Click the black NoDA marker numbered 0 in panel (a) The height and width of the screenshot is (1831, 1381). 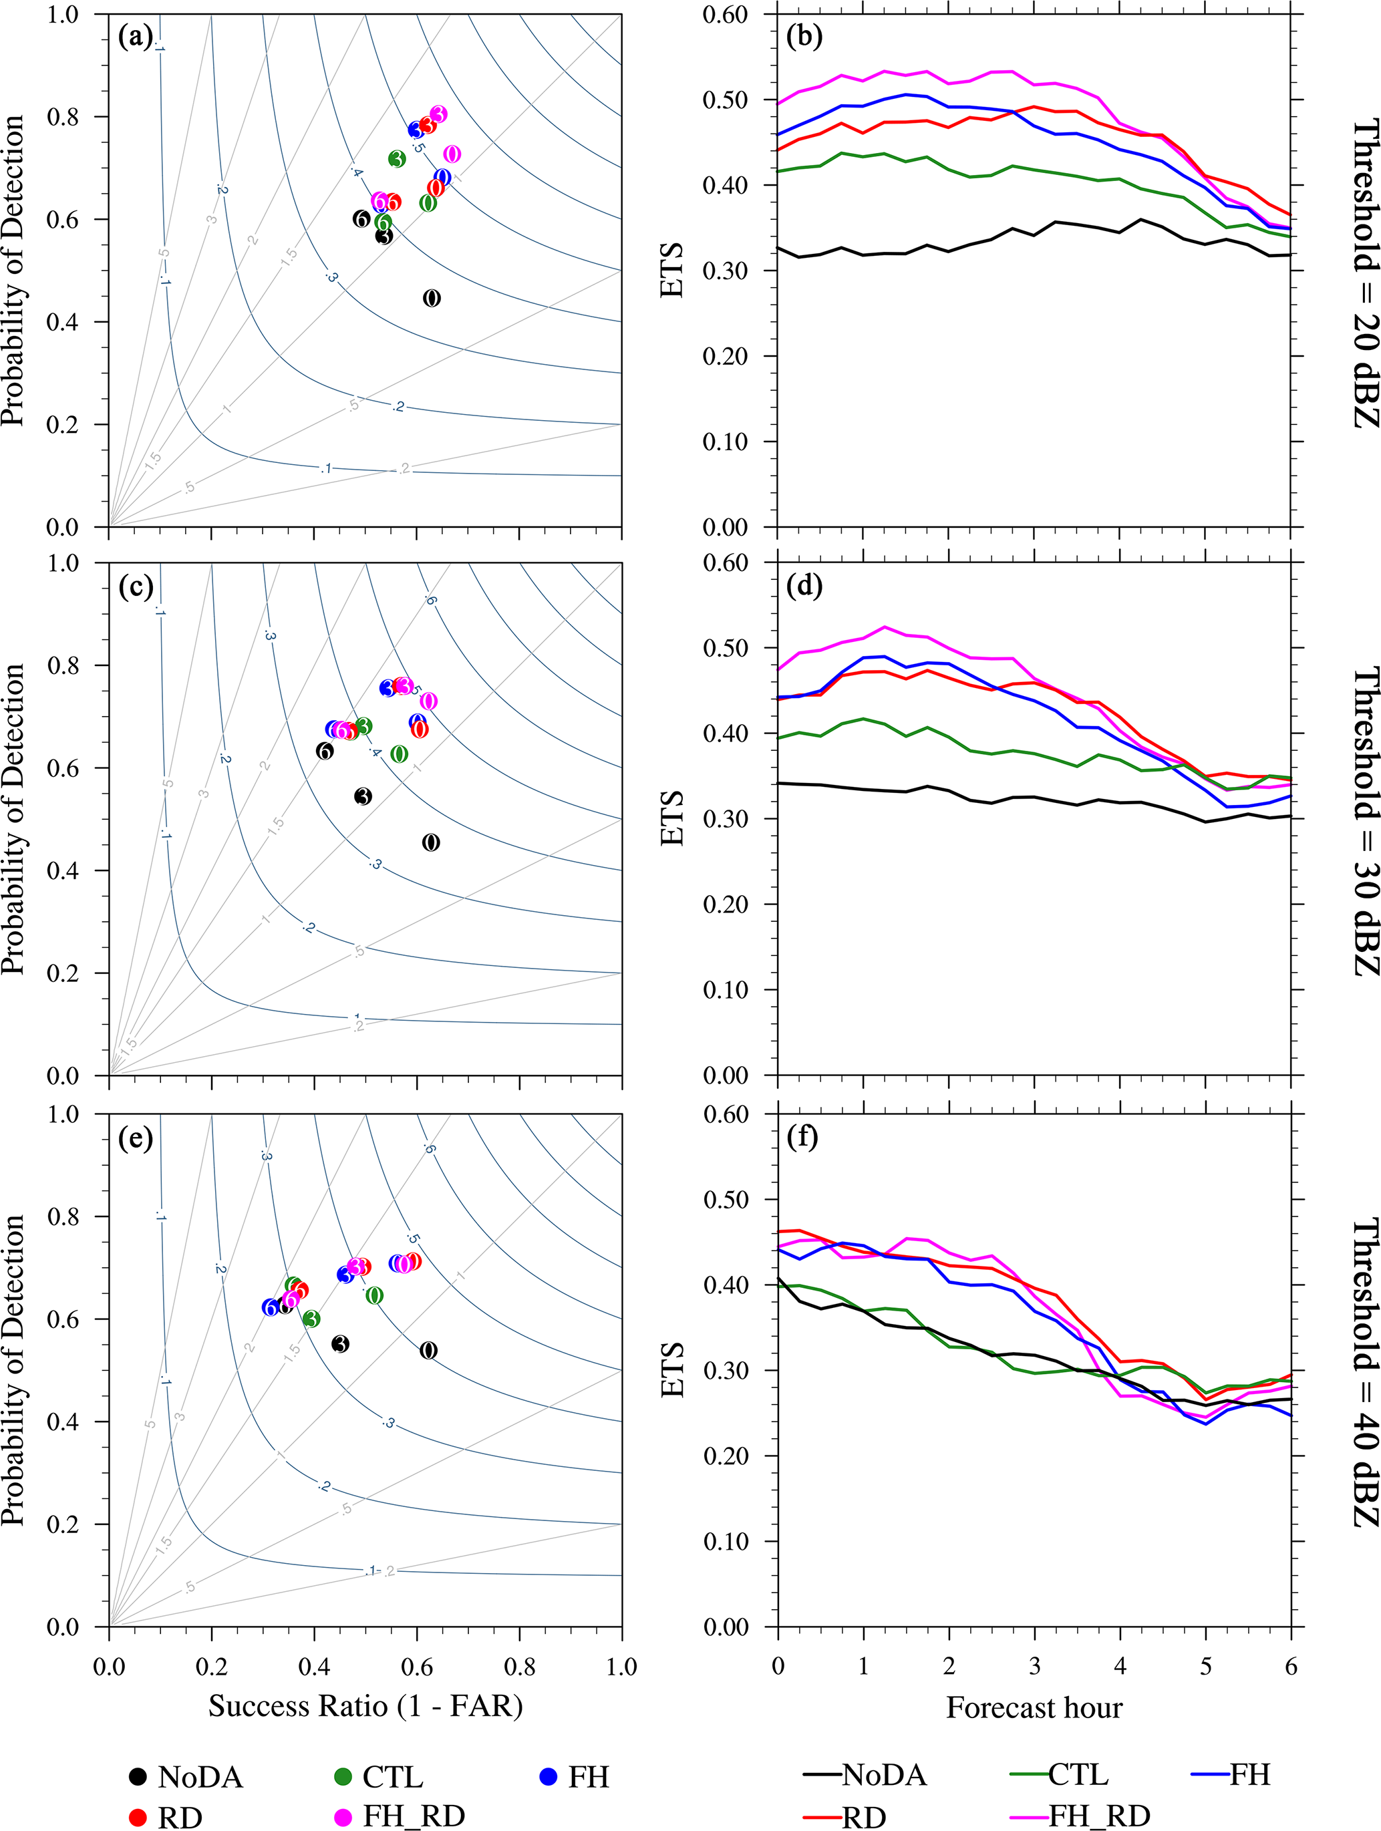[432, 298]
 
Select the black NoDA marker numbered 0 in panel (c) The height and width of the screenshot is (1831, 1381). [430, 842]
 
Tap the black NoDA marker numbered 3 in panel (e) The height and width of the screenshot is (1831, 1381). [339, 1344]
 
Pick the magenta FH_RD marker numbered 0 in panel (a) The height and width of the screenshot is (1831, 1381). [452, 154]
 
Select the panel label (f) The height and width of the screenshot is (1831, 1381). [803, 1138]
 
